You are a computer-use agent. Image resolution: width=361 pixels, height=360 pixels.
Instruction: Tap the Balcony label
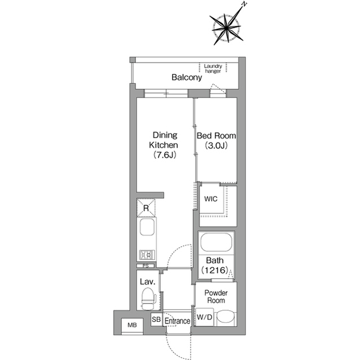[187, 77]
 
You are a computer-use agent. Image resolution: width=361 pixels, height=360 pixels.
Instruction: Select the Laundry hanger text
[213, 69]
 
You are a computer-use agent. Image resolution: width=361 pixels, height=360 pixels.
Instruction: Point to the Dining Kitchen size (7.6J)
[165, 155]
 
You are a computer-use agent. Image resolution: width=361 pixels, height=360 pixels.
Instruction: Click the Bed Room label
[216, 136]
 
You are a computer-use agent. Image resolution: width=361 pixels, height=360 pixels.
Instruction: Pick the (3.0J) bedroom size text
[216, 145]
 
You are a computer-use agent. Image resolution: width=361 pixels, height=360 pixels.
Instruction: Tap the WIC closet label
[210, 199]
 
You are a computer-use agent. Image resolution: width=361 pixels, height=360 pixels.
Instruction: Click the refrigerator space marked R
[146, 208]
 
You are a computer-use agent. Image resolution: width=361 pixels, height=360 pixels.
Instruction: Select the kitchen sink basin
[147, 226]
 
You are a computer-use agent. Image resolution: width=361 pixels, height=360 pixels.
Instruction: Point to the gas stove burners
[147, 255]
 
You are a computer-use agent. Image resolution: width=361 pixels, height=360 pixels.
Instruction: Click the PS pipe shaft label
[146, 266]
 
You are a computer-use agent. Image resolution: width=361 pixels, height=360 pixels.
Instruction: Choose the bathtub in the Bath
[216, 242]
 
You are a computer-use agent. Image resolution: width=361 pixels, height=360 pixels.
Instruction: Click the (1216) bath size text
[215, 270]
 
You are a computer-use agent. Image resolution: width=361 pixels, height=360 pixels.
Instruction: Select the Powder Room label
[216, 296]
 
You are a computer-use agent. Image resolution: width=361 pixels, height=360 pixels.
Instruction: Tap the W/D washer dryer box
[204, 317]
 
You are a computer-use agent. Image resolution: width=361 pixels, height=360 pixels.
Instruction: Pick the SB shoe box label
[156, 319]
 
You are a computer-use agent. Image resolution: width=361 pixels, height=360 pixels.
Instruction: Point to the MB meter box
[132, 325]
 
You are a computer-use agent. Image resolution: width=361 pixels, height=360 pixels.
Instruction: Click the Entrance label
[177, 321]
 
